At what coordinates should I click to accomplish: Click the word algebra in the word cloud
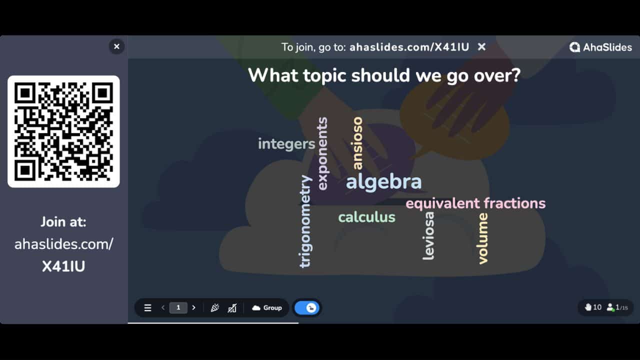(x=383, y=182)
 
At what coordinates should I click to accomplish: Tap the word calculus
(x=366, y=217)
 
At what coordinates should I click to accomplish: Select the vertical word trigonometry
(x=305, y=221)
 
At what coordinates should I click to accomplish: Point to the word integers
(x=286, y=144)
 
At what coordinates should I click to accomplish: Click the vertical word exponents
(x=322, y=153)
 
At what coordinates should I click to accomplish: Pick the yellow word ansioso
(x=357, y=143)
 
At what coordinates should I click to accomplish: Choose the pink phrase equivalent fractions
(x=475, y=203)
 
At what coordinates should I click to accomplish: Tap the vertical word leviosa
(x=428, y=235)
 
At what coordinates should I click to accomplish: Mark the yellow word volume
(x=482, y=238)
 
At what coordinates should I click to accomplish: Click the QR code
(x=63, y=131)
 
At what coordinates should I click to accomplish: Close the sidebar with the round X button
(x=116, y=46)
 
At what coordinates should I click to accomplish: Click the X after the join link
(x=481, y=47)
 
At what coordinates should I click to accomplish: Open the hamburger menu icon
(x=147, y=308)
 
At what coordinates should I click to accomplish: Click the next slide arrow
(x=194, y=308)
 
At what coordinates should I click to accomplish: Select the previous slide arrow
(x=163, y=308)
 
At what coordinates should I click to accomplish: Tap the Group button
(x=267, y=308)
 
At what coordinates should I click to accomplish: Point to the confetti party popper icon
(x=215, y=308)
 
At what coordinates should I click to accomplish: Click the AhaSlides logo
(x=600, y=47)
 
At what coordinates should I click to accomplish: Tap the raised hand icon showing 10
(x=588, y=307)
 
